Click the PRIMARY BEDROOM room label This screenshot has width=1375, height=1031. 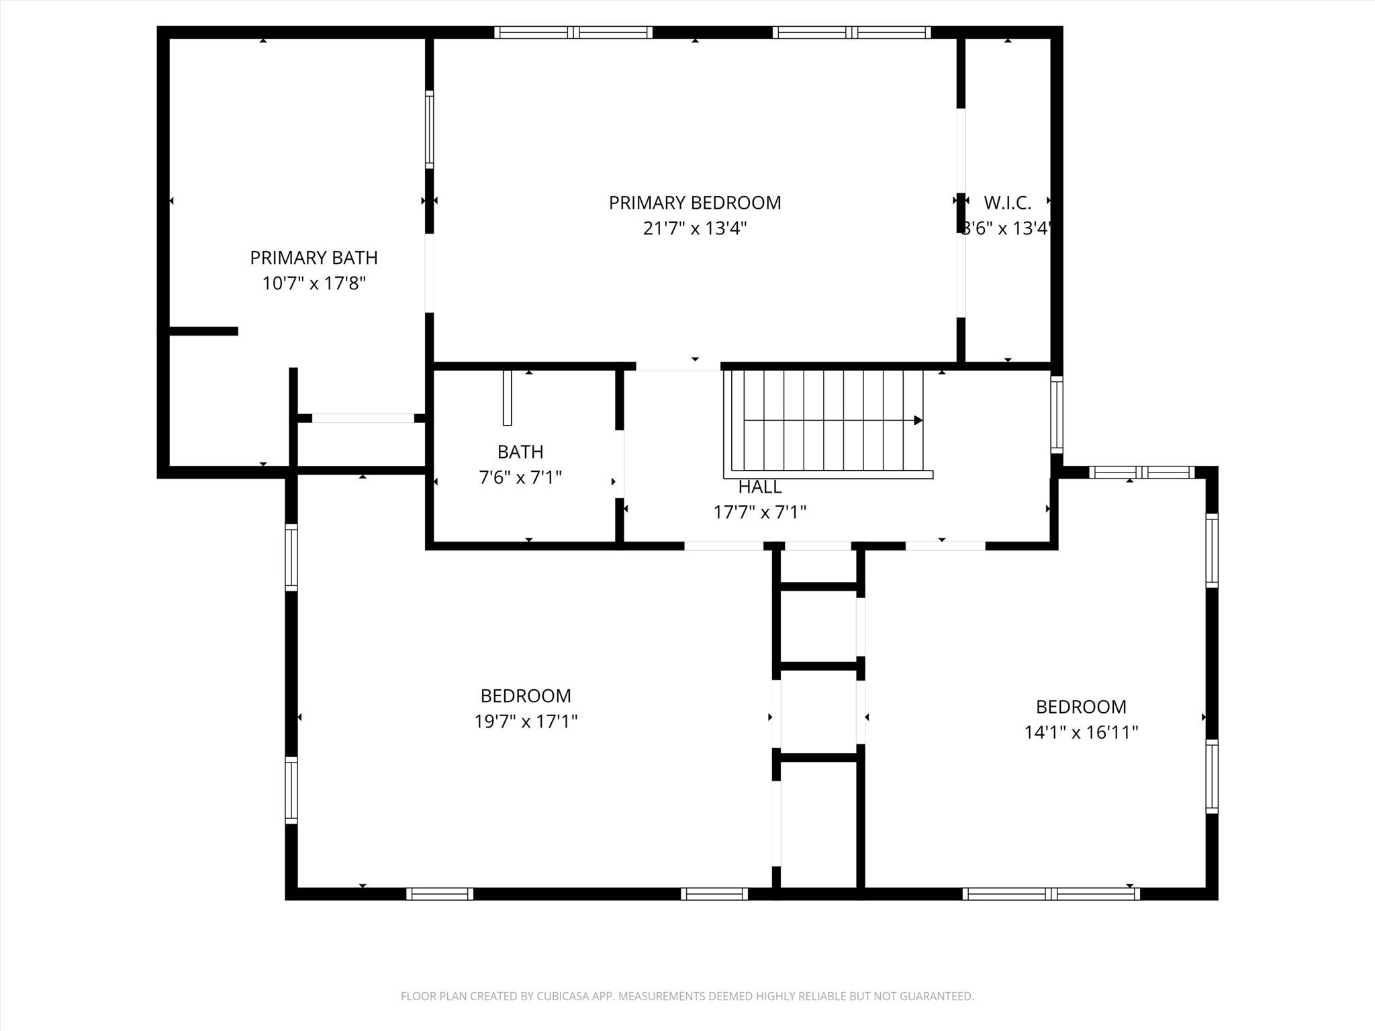click(694, 203)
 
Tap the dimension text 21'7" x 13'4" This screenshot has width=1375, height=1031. click(694, 229)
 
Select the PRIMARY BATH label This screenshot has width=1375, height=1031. click(314, 258)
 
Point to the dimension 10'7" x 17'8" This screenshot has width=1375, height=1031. click(314, 283)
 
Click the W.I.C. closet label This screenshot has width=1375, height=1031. click(1007, 202)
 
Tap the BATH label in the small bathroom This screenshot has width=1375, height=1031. click(520, 452)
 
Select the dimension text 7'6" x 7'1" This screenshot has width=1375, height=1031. click(520, 478)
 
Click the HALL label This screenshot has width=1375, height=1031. click(760, 487)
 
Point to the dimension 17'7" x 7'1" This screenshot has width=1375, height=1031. click(760, 513)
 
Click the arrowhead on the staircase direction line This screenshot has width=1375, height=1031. click(918, 421)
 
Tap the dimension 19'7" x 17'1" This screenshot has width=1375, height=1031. click(526, 722)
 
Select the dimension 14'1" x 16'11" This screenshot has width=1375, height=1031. click(1081, 732)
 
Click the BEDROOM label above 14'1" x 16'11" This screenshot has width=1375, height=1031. click(1081, 707)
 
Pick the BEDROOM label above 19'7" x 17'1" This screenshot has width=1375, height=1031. click(526, 696)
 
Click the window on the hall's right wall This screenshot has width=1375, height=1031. click(1056, 414)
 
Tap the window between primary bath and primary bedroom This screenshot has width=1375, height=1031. click(429, 129)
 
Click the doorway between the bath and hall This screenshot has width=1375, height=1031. click(621, 464)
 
